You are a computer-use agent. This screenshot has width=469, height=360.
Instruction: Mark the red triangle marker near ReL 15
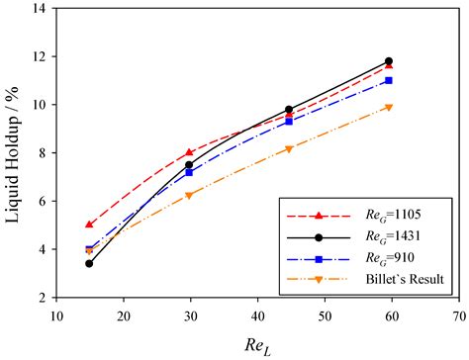click(89, 225)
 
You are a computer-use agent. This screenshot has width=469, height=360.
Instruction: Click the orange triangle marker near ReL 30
click(189, 195)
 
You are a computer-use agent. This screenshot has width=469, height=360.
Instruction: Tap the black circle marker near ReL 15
click(89, 263)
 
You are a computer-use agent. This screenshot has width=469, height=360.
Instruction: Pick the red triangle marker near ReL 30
click(189, 152)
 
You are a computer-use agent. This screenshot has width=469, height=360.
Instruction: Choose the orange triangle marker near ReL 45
click(289, 149)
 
